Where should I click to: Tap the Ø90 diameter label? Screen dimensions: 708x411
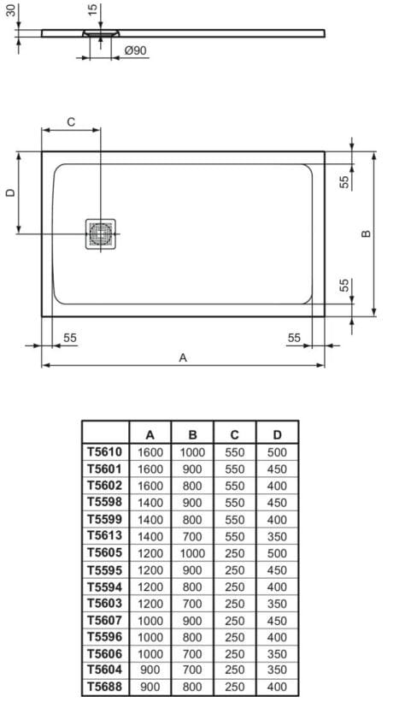click(136, 51)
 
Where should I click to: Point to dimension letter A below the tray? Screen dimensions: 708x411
click(182, 358)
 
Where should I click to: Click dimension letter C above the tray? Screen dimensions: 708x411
click(71, 122)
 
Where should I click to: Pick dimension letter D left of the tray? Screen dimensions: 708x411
click(10, 193)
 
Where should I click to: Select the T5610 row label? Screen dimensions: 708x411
click(105, 452)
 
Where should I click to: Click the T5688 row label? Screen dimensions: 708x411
click(105, 687)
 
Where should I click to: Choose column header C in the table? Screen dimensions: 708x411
click(235, 434)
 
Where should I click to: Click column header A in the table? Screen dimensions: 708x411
click(150, 434)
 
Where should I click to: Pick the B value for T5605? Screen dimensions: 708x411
click(192, 553)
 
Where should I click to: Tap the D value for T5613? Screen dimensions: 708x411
click(277, 536)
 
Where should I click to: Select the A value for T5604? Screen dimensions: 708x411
click(150, 670)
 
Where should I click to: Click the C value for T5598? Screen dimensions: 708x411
click(235, 503)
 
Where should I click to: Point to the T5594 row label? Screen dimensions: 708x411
click(105, 587)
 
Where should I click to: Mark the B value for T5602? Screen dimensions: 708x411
click(192, 486)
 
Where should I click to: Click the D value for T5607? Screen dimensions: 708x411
click(277, 620)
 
